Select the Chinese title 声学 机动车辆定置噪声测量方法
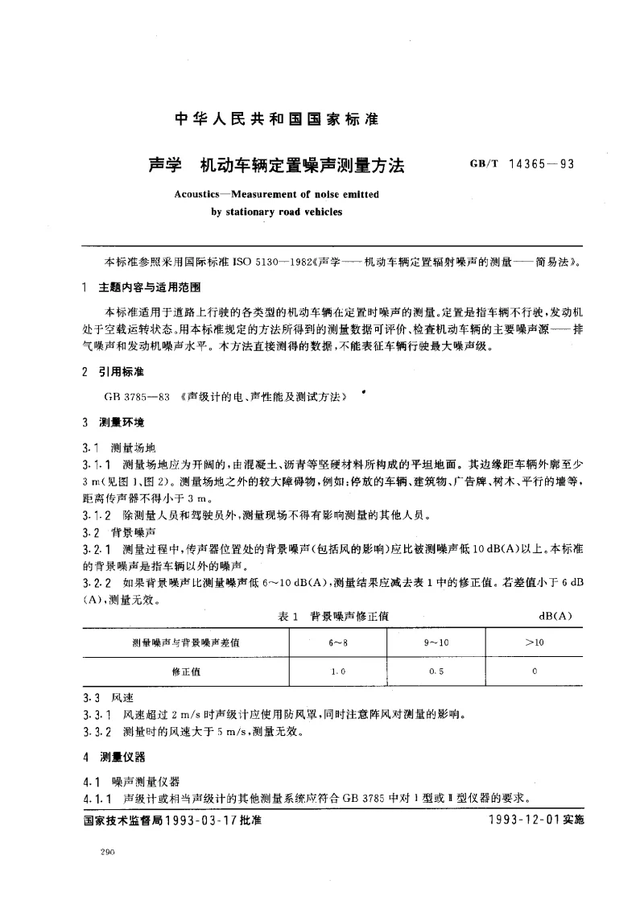point(276,165)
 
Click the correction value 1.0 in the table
point(337,670)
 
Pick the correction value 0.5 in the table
point(436,670)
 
